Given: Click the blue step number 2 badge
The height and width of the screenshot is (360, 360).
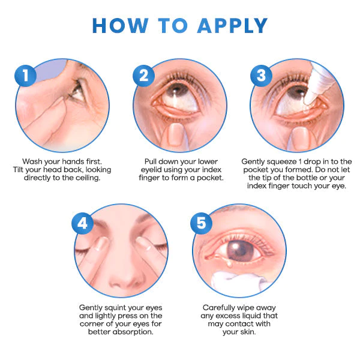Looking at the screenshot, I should pyautogui.click(x=144, y=76).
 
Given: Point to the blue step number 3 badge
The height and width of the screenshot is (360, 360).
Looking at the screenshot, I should pyautogui.click(x=260, y=76).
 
